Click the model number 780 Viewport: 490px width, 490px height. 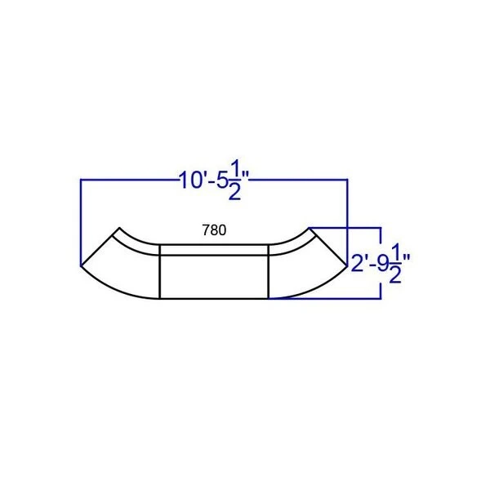pyautogui.click(x=214, y=230)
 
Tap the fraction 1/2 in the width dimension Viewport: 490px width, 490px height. pyautogui.click(x=235, y=180)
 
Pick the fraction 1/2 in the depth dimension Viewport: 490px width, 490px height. pyautogui.click(x=395, y=264)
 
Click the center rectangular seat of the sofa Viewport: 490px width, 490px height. pyautogui.click(x=214, y=277)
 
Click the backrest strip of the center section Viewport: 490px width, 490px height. pyautogui.click(x=214, y=250)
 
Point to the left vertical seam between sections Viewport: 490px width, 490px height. pyautogui.click(x=160, y=272)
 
